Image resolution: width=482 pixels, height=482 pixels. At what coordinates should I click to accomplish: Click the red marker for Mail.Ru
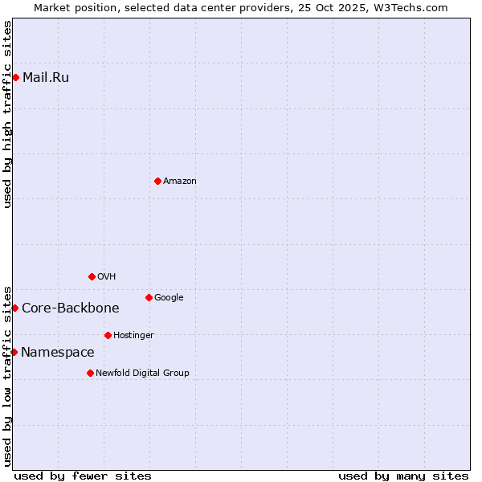[15, 77]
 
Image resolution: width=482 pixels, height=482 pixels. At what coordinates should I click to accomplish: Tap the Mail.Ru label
[46, 78]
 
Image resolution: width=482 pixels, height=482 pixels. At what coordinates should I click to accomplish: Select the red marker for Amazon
[157, 181]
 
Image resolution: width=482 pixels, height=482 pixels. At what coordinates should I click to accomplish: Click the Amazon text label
[180, 182]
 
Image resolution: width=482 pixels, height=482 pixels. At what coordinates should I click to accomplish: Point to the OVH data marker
[92, 276]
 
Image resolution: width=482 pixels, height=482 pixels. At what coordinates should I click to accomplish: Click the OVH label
[107, 277]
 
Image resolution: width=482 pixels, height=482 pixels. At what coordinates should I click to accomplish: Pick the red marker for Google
[149, 297]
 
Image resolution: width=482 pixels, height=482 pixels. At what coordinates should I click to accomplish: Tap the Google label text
[169, 298]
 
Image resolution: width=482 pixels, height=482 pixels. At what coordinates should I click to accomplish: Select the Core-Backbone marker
[14, 308]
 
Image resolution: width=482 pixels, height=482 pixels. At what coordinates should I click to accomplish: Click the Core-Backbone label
[71, 308]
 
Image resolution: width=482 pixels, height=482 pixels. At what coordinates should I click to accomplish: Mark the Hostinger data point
[108, 335]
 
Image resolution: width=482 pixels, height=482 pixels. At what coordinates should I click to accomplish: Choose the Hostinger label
[133, 336]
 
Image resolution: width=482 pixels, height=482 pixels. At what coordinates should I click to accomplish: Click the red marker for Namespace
[14, 352]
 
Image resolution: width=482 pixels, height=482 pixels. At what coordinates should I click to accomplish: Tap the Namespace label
[58, 353]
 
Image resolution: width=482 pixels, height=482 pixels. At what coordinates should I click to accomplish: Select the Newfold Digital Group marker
[90, 373]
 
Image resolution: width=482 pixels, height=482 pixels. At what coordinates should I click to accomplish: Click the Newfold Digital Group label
[143, 374]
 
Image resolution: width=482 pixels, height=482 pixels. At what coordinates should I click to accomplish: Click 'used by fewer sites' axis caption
[83, 476]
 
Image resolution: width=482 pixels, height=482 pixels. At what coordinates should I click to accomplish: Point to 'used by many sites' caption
[403, 476]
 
